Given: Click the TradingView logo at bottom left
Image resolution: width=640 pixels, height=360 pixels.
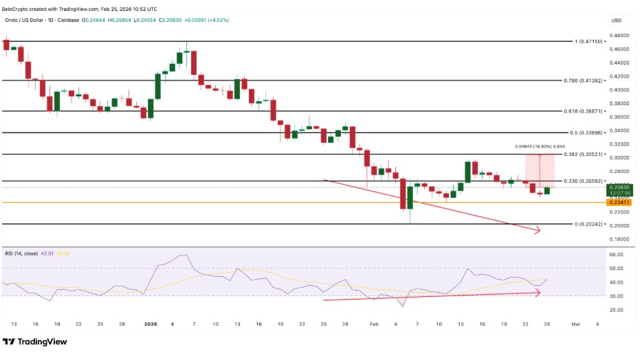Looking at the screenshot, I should click(33, 341).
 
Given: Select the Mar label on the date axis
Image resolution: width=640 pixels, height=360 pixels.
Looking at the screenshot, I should click(576, 324).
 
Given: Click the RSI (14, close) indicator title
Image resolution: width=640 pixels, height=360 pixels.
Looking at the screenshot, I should click(22, 254).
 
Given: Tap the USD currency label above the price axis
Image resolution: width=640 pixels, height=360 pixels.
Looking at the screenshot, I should click(616, 21).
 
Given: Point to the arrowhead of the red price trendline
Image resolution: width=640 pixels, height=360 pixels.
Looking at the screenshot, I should click(538, 232).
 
